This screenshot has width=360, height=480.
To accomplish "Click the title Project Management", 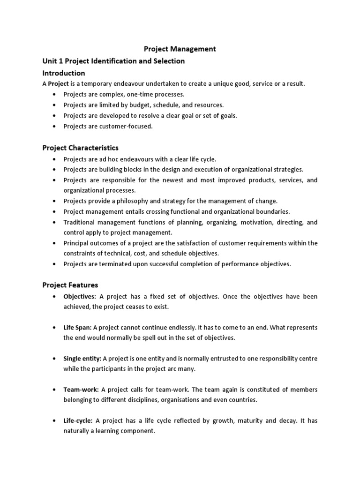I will click(x=180, y=49).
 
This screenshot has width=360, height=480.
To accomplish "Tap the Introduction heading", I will click(x=64, y=73).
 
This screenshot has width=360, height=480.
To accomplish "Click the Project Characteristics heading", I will click(x=80, y=148).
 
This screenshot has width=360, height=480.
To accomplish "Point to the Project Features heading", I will click(x=70, y=285).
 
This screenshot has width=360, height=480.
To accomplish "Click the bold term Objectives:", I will click(x=80, y=297).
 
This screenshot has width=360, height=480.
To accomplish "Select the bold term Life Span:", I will click(x=77, y=328).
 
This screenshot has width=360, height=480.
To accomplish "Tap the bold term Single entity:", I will click(x=82, y=359).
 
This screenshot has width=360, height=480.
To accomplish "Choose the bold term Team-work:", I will click(x=81, y=390).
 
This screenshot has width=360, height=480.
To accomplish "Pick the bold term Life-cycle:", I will click(x=78, y=420).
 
